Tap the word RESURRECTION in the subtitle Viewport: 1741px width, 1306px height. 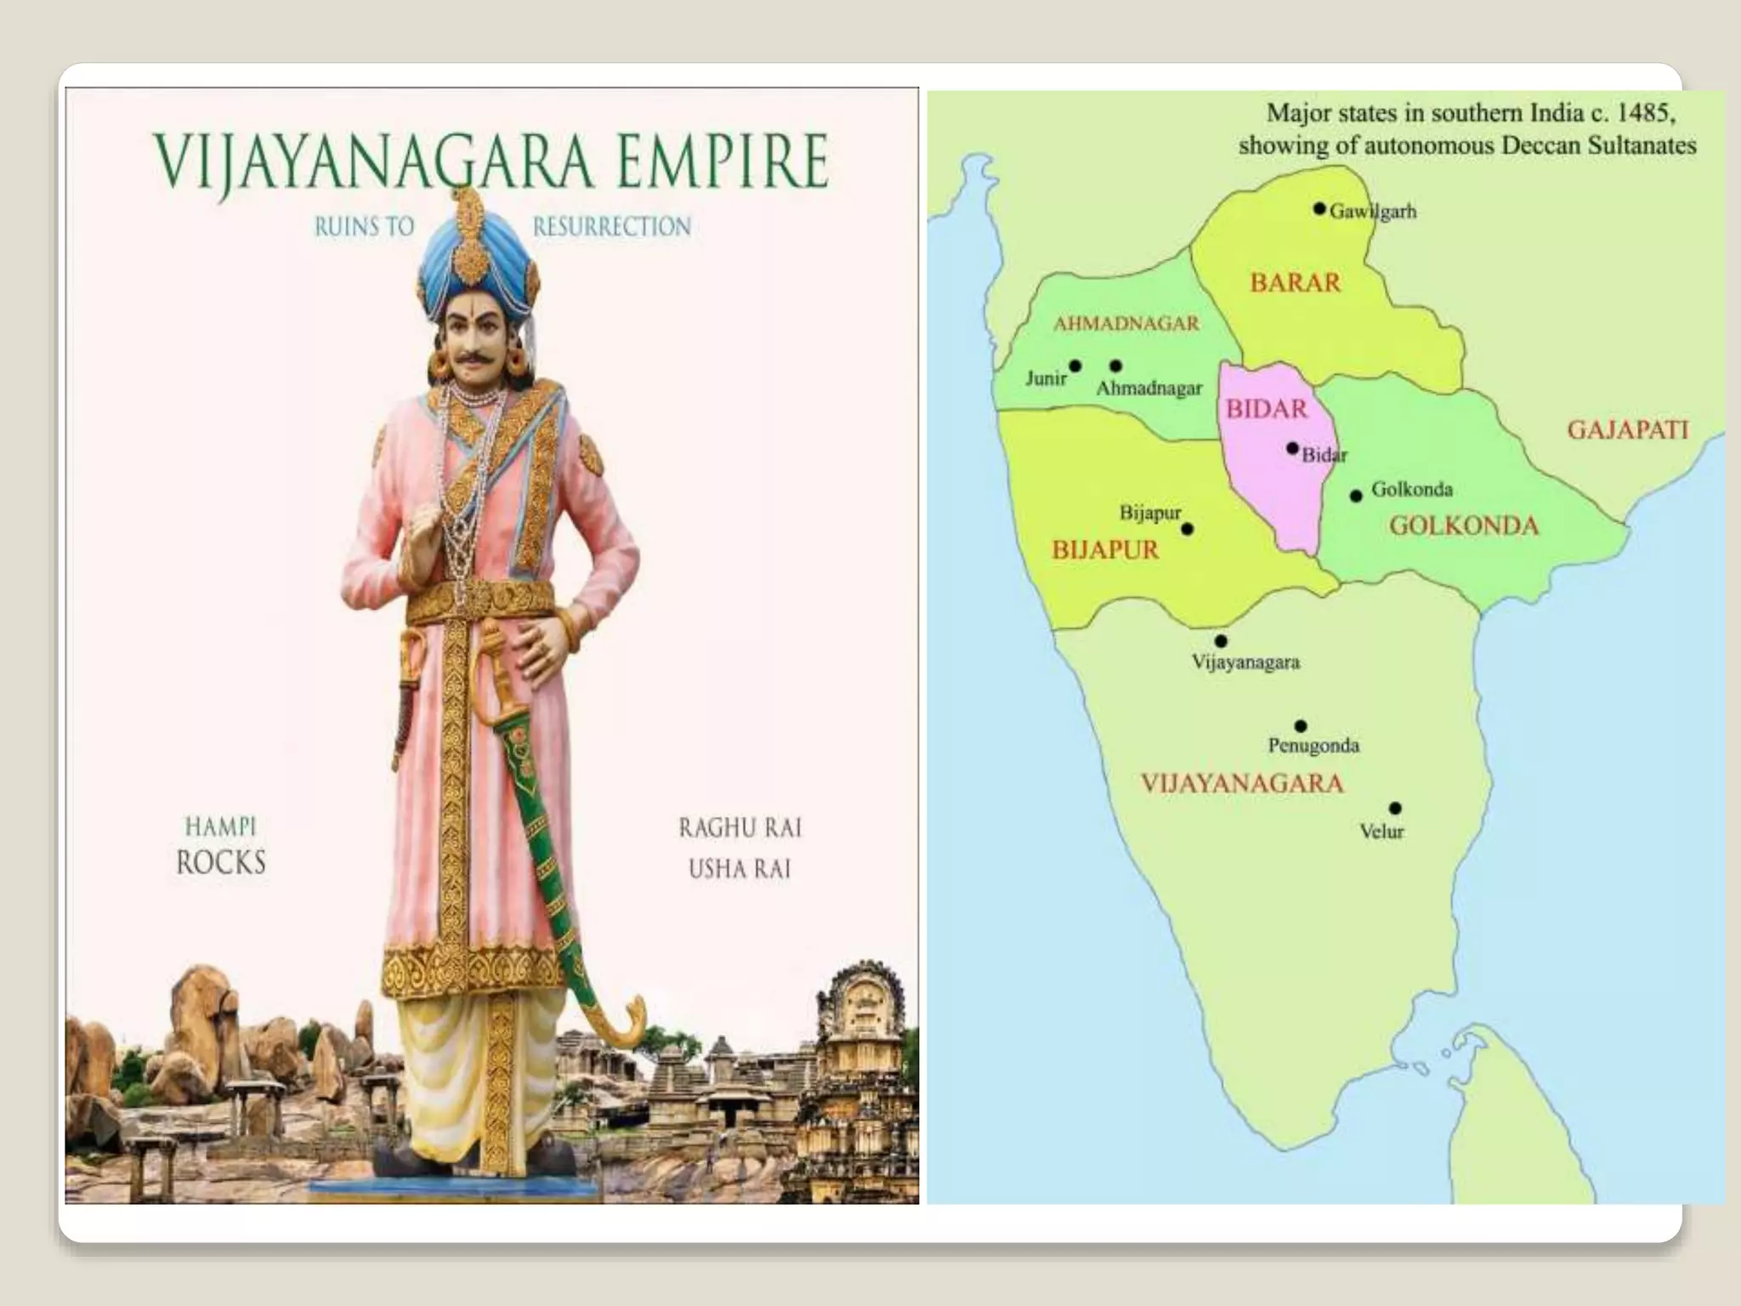(x=611, y=227)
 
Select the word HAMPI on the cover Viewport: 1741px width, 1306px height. (x=220, y=826)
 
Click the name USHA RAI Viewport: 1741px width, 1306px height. (x=739, y=869)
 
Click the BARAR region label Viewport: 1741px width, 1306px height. (x=1295, y=282)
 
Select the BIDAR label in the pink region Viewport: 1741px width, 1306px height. (x=1266, y=409)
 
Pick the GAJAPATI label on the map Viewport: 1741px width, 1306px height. (x=1627, y=429)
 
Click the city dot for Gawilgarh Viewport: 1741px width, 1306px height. (x=1319, y=208)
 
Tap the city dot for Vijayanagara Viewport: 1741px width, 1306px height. (x=1221, y=640)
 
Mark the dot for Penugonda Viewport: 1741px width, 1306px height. (x=1301, y=725)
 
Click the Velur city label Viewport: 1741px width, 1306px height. (x=1381, y=832)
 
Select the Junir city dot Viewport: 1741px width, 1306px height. (x=1075, y=366)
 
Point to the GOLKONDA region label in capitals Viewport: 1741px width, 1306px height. (x=1463, y=525)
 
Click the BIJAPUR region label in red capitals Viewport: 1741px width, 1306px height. (x=1104, y=550)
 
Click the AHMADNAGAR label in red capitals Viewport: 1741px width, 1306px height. (x=1126, y=323)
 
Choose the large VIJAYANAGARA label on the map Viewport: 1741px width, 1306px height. (x=1241, y=783)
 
